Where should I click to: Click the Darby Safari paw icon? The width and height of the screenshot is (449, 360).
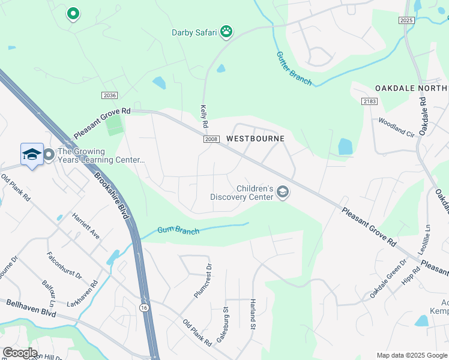[x=226, y=32]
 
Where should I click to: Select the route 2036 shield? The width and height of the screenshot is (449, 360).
[x=109, y=95]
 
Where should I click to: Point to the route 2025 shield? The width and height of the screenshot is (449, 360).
[x=406, y=20]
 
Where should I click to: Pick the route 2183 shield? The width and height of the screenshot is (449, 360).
[x=369, y=101]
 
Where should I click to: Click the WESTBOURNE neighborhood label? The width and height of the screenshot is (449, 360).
[x=255, y=139]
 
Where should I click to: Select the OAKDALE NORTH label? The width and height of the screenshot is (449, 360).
[x=412, y=88]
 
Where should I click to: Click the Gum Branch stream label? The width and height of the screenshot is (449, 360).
[x=178, y=230]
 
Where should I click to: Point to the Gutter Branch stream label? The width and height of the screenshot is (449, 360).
[x=294, y=68]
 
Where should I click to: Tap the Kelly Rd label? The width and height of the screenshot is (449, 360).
[x=203, y=116]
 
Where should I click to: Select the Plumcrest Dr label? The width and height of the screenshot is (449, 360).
[x=203, y=281]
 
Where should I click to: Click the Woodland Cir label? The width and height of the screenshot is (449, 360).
[x=396, y=127]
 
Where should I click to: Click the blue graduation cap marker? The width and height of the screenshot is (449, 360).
[x=32, y=155]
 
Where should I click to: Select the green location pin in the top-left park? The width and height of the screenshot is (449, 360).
[x=73, y=13]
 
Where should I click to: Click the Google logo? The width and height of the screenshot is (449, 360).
[x=19, y=353]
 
